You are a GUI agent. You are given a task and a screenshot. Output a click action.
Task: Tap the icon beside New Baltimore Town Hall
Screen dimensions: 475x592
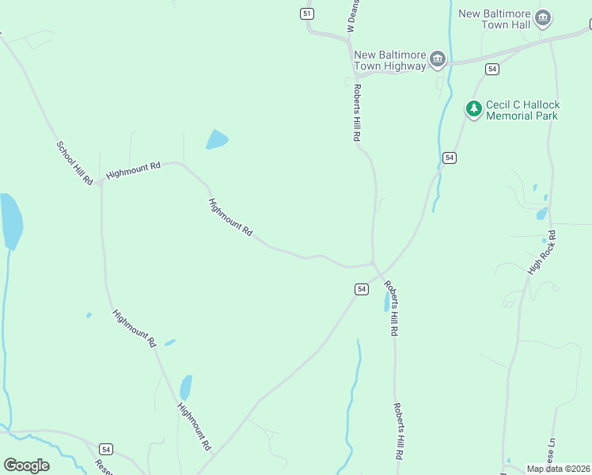(x=543, y=17)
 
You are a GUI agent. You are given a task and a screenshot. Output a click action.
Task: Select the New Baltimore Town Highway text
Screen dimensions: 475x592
(x=389, y=60)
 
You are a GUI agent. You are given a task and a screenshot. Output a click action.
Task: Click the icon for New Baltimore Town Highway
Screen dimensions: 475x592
(x=437, y=59)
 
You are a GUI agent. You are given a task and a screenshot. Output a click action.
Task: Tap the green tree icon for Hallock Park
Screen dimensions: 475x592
(x=473, y=109)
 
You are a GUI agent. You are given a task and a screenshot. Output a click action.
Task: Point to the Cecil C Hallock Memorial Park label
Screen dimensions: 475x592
(x=522, y=110)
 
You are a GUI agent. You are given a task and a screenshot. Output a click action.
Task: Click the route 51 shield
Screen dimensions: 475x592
(x=307, y=13)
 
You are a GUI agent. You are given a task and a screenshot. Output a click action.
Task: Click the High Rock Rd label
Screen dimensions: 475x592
(x=542, y=253)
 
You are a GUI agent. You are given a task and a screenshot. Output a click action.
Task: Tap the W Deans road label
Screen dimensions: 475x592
(x=354, y=16)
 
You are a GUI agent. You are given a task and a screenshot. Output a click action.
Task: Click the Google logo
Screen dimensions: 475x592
(x=26, y=465)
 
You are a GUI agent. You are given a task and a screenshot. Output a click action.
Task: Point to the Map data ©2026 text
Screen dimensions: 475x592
(x=558, y=469)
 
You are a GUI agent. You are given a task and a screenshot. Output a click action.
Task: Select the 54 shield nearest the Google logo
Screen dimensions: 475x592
(x=106, y=449)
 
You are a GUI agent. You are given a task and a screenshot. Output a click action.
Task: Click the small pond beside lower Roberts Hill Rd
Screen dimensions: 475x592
(x=386, y=301)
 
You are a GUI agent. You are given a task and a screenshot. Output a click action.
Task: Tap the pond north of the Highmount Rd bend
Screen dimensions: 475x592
(x=216, y=140)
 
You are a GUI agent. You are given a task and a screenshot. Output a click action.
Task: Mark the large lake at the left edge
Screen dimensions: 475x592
(x=10, y=220)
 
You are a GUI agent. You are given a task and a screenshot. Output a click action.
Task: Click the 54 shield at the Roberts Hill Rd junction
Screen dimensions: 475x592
(x=361, y=289)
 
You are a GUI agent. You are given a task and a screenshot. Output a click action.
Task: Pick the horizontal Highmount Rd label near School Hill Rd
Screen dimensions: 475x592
(x=133, y=170)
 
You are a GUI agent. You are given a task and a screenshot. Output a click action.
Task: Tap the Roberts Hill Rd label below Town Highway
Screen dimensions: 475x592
(x=358, y=113)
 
